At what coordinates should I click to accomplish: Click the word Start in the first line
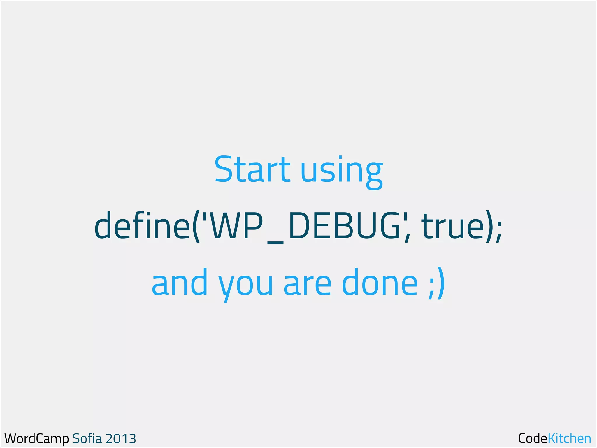click(252, 169)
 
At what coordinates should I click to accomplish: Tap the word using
click(341, 172)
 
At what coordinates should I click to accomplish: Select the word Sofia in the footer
click(87, 438)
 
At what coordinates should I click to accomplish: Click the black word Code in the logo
click(533, 438)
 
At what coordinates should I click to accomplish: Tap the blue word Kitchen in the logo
click(569, 438)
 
